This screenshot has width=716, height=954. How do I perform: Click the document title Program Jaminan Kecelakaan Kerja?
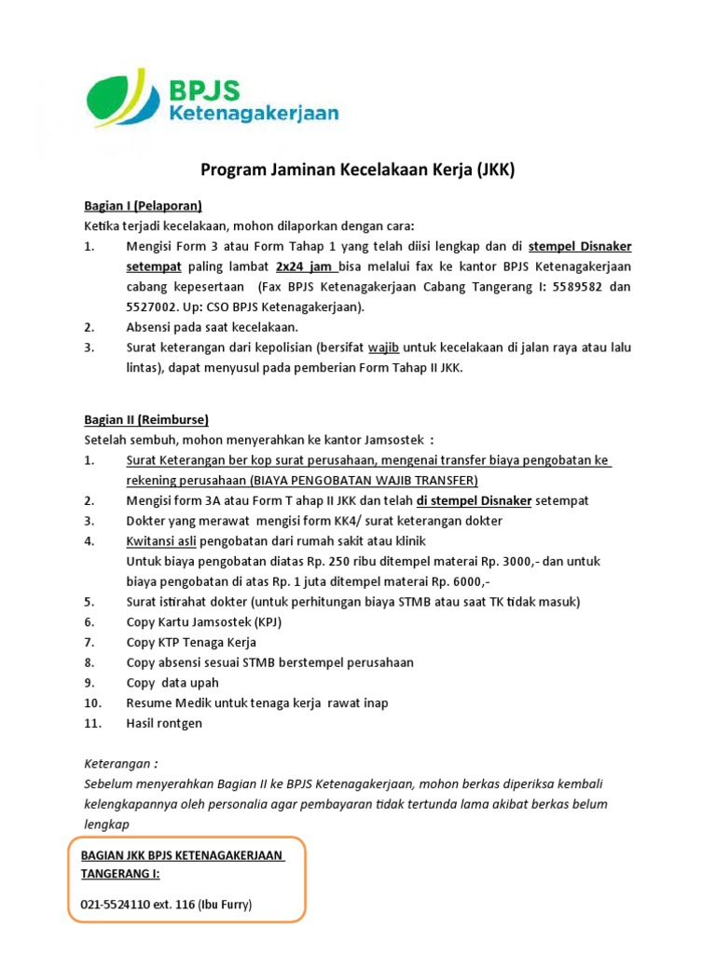pyautogui.click(x=358, y=170)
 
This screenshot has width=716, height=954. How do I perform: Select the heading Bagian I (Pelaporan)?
pyautogui.click(x=139, y=205)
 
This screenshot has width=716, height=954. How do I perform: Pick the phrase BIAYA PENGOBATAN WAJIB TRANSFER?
pyautogui.click(x=364, y=480)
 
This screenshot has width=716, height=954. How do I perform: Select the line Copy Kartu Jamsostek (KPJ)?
pyautogui.click(x=203, y=622)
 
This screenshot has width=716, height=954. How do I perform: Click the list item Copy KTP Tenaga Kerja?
pyautogui.click(x=190, y=643)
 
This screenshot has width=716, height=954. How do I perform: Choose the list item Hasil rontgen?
pyautogui.click(x=163, y=723)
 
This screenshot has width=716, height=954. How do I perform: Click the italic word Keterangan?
pyautogui.click(x=117, y=764)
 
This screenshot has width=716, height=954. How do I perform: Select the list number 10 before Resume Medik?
pyautogui.click(x=91, y=702)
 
